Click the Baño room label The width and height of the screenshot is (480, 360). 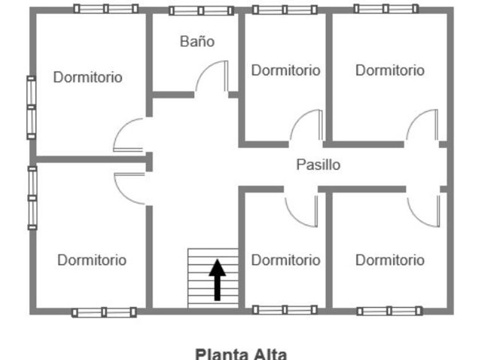tap(197, 42)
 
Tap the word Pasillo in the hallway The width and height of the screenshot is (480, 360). tap(318, 165)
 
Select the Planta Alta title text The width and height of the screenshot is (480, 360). tap(241, 354)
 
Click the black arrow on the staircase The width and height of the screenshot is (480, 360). tap(217, 280)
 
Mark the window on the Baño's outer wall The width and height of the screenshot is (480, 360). tap(201, 11)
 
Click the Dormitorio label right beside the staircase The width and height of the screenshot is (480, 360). tap(286, 260)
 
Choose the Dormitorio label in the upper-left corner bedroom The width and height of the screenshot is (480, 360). tap(88, 77)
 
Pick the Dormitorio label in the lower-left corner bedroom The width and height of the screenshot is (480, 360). tap(92, 260)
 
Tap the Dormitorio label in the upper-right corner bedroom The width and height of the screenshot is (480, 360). tap(390, 70)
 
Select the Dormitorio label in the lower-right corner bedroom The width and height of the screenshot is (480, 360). tap(390, 260)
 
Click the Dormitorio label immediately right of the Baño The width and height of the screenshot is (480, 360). tap(286, 70)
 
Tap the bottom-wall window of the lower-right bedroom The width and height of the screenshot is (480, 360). tap(389, 311)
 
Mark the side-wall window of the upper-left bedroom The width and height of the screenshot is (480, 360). tap(31, 107)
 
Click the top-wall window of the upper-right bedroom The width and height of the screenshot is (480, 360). tap(386, 9)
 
